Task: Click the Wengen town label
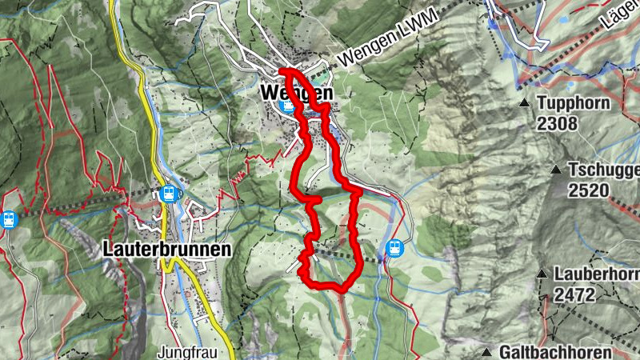point(295,93)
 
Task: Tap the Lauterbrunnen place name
point(167,249)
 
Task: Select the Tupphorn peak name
point(574,103)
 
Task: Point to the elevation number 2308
point(557,124)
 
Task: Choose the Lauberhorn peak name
point(596,274)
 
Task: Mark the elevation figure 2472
point(574,294)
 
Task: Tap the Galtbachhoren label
point(555,352)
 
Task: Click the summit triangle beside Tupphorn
point(524,103)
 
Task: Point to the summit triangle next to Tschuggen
point(555,170)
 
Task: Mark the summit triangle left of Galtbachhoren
point(486,352)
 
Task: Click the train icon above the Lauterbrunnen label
point(169,193)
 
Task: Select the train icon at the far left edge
point(9,218)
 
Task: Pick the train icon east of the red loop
point(394,248)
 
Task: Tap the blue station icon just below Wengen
point(287,106)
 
